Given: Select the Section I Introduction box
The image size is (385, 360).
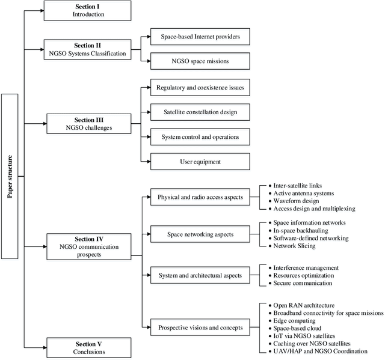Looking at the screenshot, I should coord(88,10).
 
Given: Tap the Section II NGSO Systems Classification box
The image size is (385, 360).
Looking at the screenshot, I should coord(88,49).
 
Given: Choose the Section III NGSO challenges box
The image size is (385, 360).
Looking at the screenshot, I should coord(88,124).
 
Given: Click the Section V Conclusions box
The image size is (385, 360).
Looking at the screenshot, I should coord(88,347).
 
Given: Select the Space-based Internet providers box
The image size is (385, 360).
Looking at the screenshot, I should coord(200,37).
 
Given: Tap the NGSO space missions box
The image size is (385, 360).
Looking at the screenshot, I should coord(200,61).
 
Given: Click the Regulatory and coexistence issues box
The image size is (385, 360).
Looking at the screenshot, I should coord(200,88).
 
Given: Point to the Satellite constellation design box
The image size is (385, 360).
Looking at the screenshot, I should coord(200,112).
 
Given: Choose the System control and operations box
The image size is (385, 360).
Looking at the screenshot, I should coord(200,137).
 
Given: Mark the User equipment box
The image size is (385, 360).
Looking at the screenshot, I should coord(200,161).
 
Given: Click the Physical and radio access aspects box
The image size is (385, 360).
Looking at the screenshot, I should coord(200,197).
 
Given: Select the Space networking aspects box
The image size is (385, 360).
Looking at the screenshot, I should coord(200,234).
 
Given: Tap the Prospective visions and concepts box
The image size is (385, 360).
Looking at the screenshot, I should coord(200,327).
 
